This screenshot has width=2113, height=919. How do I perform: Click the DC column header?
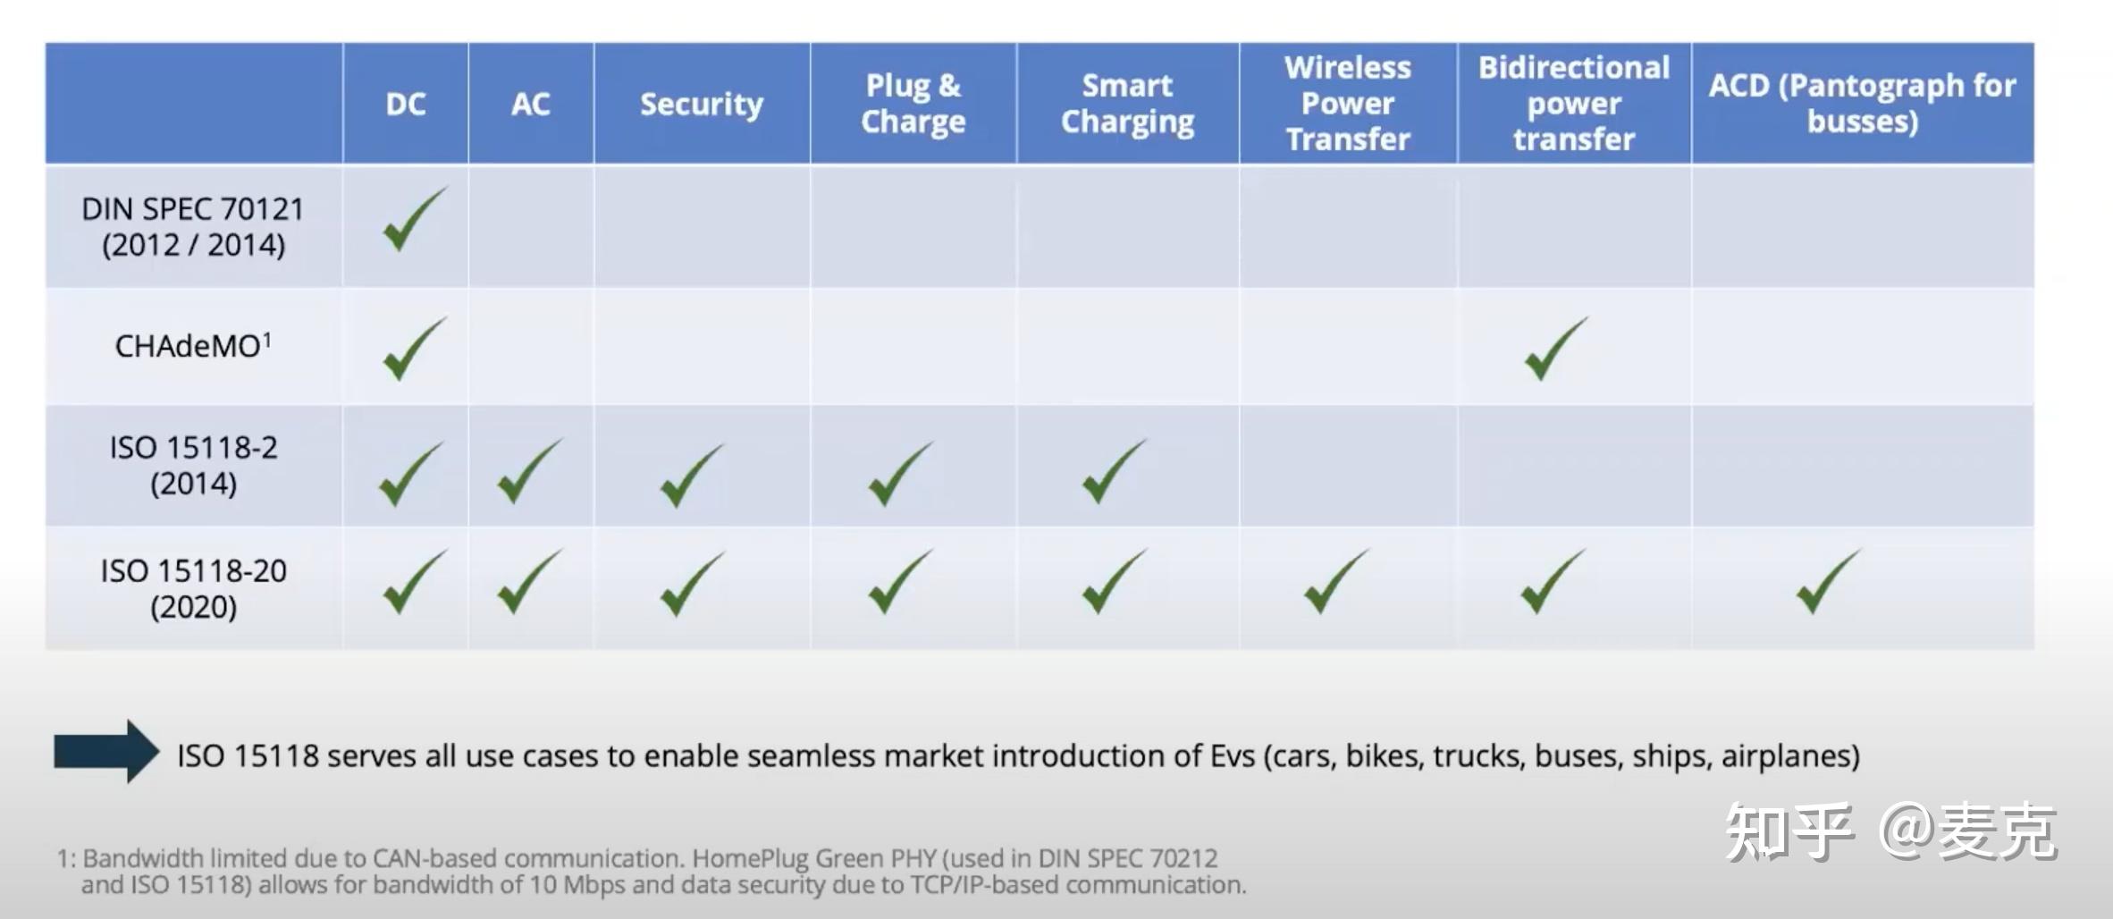(x=406, y=105)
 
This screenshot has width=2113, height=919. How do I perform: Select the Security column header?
(x=702, y=105)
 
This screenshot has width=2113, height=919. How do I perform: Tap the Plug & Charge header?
(x=913, y=104)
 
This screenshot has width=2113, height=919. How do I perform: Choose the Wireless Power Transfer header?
(x=1348, y=104)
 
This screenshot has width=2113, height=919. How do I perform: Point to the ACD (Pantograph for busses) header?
(x=1863, y=104)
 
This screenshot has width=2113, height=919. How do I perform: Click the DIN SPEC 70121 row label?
(x=193, y=226)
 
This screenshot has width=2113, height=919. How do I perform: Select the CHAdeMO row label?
(x=193, y=345)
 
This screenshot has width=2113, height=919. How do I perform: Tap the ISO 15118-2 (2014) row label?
(x=193, y=465)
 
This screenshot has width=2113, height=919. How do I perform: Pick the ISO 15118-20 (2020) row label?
(x=193, y=588)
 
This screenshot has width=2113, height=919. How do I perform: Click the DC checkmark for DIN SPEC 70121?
(x=414, y=219)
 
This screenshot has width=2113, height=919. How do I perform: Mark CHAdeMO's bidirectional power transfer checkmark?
(x=1556, y=349)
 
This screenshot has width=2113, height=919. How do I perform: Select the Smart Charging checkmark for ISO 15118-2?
(x=1114, y=471)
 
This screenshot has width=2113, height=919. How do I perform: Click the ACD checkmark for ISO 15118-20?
(x=1829, y=582)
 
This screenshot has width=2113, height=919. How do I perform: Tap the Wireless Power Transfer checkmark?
(x=1336, y=582)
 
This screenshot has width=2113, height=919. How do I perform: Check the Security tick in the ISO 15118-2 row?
(x=692, y=476)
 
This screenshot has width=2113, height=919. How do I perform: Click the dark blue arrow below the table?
(x=106, y=752)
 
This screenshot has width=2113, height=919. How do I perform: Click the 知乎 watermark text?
(x=1789, y=832)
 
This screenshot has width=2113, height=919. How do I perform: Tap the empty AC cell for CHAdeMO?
(x=531, y=347)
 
